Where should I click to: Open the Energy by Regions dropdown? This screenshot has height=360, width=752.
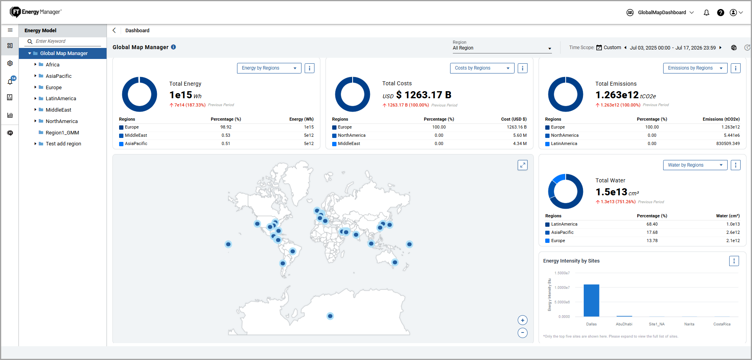click(x=269, y=68)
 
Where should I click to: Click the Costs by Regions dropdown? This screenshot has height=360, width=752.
click(x=482, y=68)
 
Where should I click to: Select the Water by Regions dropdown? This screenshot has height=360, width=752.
click(x=695, y=165)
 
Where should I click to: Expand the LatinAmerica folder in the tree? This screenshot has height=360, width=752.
click(x=35, y=99)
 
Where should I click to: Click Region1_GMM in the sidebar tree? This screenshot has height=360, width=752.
click(x=62, y=133)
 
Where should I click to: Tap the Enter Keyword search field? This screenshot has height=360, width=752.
click(x=67, y=41)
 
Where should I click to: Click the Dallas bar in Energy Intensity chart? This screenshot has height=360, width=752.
click(x=591, y=300)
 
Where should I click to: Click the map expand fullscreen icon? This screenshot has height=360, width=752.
click(x=522, y=165)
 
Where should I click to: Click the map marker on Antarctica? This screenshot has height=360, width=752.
click(x=330, y=316)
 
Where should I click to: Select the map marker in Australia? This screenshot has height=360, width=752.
click(x=395, y=262)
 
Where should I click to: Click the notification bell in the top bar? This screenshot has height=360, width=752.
click(x=706, y=13)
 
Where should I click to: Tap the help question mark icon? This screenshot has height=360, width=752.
click(x=721, y=13)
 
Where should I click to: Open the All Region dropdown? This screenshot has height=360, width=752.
click(x=502, y=48)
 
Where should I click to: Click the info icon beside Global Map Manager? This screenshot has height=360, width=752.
click(x=173, y=47)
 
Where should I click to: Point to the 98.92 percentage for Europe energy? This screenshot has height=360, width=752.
click(x=226, y=127)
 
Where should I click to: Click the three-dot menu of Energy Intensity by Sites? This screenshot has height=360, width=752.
click(x=734, y=261)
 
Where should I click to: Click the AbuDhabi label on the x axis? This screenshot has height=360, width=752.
click(x=624, y=324)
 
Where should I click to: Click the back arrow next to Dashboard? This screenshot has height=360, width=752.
click(x=114, y=30)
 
